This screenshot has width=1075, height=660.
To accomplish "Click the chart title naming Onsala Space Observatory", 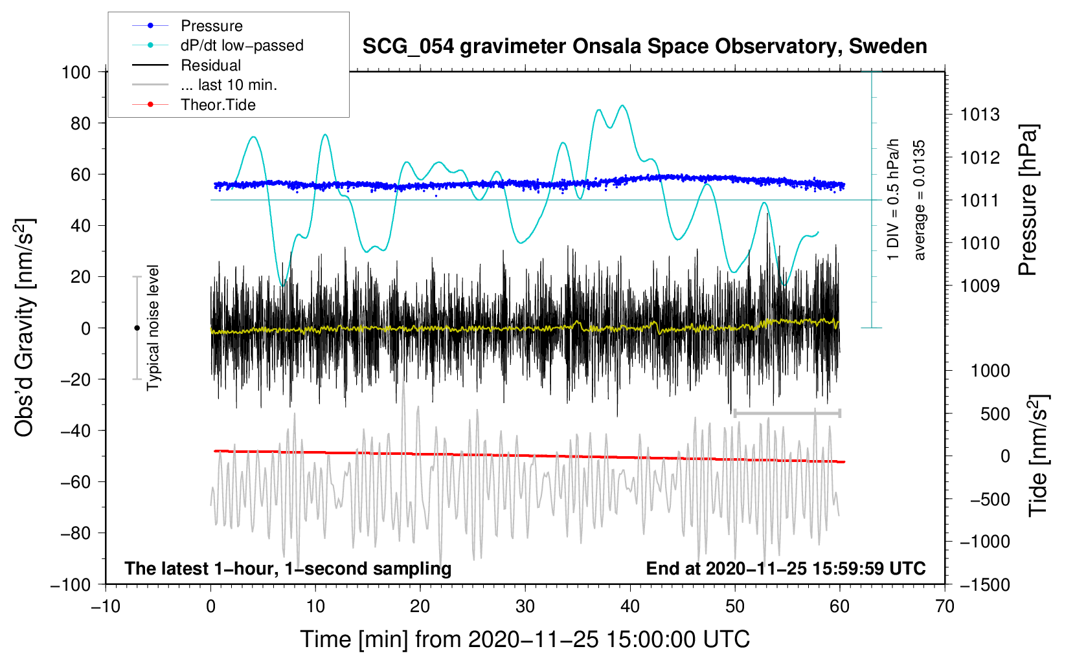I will (x=644, y=47).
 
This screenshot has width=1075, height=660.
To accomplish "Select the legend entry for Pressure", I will (x=211, y=26).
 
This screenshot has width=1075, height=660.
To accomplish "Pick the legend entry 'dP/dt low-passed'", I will (x=242, y=45).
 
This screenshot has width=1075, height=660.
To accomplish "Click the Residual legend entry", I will (x=210, y=65).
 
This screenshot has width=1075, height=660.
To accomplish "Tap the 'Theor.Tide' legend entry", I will (x=218, y=105).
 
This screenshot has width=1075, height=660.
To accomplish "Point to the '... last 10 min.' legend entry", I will (x=229, y=85).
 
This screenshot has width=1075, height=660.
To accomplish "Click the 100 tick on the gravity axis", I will (x=76, y=72).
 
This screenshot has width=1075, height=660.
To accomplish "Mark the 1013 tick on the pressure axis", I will (x=980, y=115).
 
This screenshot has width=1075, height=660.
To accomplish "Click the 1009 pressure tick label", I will (x=980, y=286).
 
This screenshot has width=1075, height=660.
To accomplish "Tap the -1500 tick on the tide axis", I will (x=985, y=584).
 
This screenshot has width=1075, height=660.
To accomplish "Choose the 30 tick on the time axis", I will (x=525, y=606).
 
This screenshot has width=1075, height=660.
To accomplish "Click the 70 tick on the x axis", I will (x=945, y=606).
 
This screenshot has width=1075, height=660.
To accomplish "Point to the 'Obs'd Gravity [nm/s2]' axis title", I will (x=24, y=327).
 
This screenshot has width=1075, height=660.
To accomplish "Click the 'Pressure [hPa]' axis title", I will (x=1028, y=201).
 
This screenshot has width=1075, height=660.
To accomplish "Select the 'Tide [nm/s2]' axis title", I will (x=1038, y=456).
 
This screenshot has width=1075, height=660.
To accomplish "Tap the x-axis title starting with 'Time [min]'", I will (x=525, y=639).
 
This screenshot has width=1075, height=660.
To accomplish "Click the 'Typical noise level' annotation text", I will (x=153, y=327).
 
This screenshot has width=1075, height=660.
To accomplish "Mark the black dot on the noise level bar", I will (x=137, y=328).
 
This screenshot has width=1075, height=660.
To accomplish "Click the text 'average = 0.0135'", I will (x=920, y=200).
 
